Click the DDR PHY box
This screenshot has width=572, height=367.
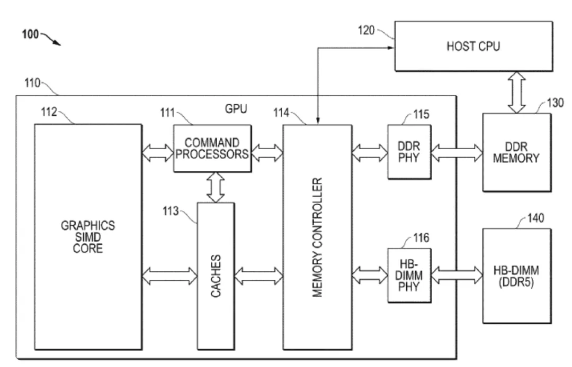click(409, 152)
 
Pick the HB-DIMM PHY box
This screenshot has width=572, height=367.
click(409, 275)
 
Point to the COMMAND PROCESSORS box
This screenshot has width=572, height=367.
click(212, 149)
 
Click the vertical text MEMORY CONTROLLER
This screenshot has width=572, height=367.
click(317, 238)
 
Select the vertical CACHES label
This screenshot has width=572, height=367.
click(215, 276)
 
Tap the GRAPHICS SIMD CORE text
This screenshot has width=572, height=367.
click(88, 236)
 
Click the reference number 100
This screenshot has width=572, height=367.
click(31, 35)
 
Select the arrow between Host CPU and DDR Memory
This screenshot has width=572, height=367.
click(516, 92)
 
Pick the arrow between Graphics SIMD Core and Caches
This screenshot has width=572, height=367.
click(169, 275)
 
